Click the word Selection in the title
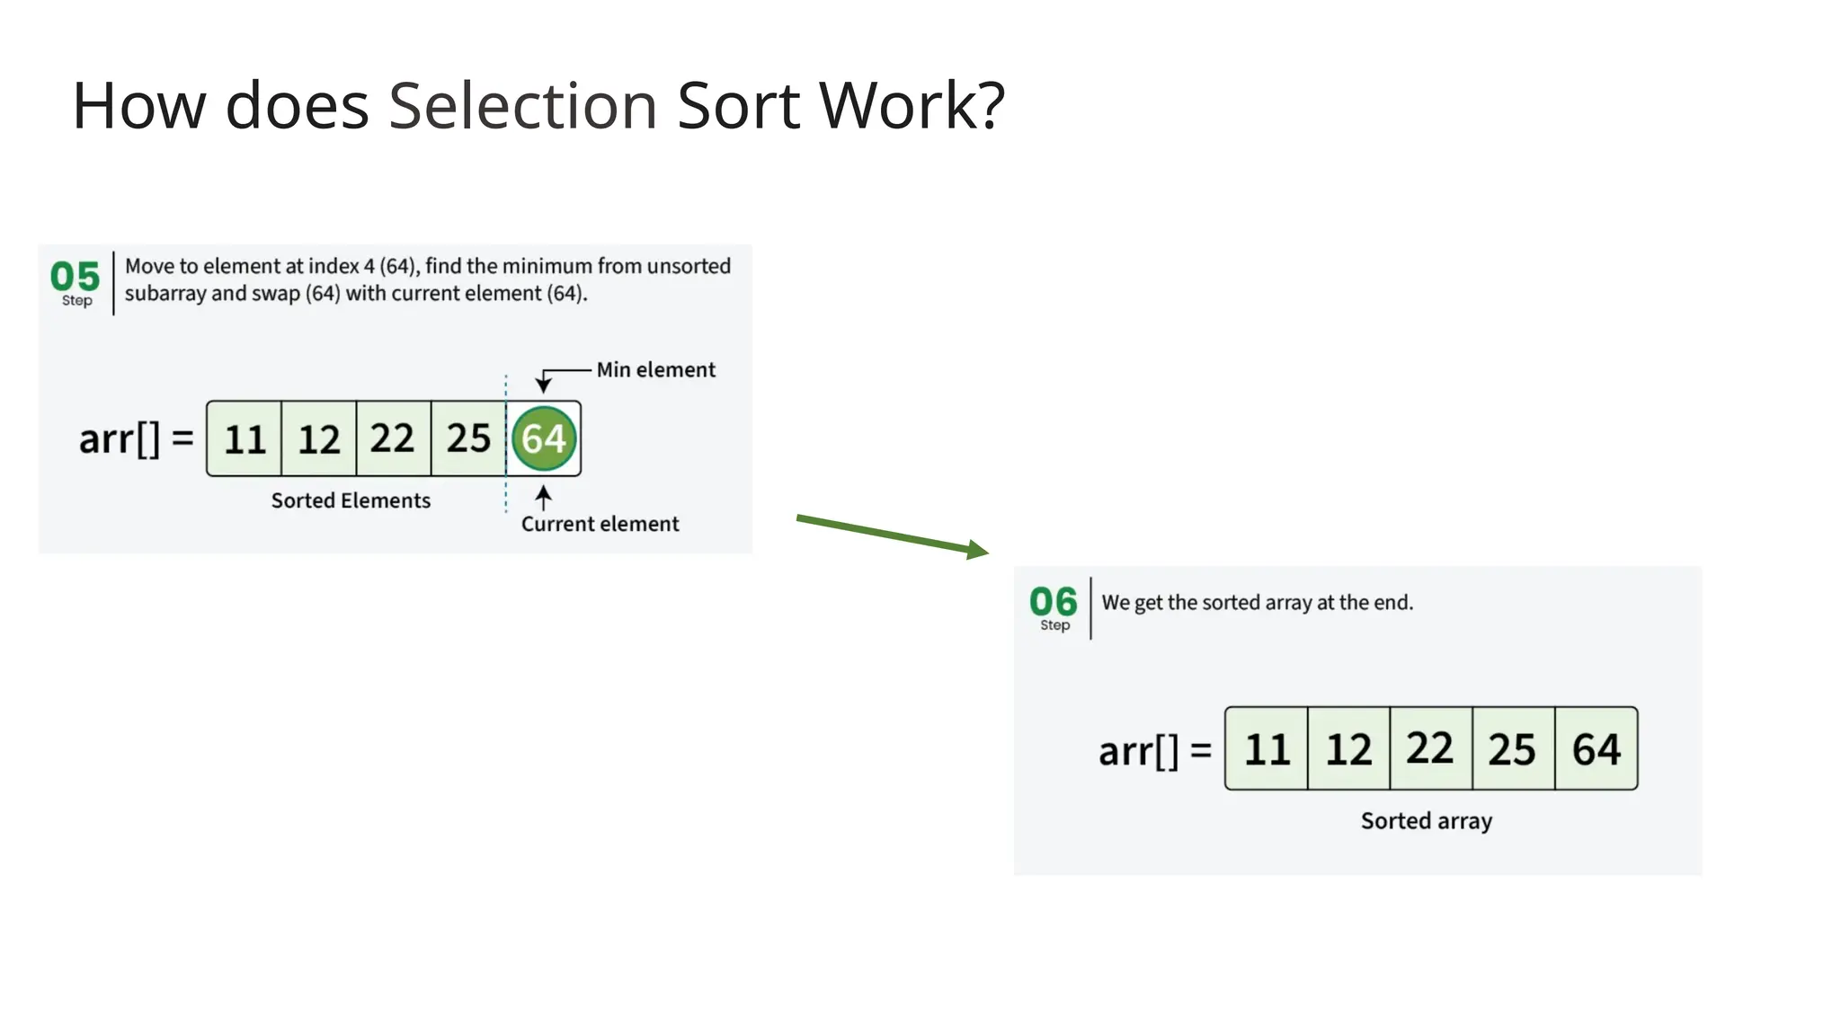point(522,106)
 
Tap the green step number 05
point(75,276)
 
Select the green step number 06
point(1053,601)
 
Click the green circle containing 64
point(544,438)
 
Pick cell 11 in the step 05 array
point(245,438)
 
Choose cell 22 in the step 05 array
point(393,438)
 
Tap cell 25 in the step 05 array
point(468,438)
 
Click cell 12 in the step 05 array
point(319,438)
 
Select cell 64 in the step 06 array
point(1596,748)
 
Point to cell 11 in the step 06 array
point(1267,748)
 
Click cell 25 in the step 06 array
point(1513,748)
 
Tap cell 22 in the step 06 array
point(1430,748)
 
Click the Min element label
point(655,369)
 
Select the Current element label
point(600,524)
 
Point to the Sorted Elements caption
point(351,500)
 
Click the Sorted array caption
point(1426,820)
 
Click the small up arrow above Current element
point(543,498)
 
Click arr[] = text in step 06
point(1154,750)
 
